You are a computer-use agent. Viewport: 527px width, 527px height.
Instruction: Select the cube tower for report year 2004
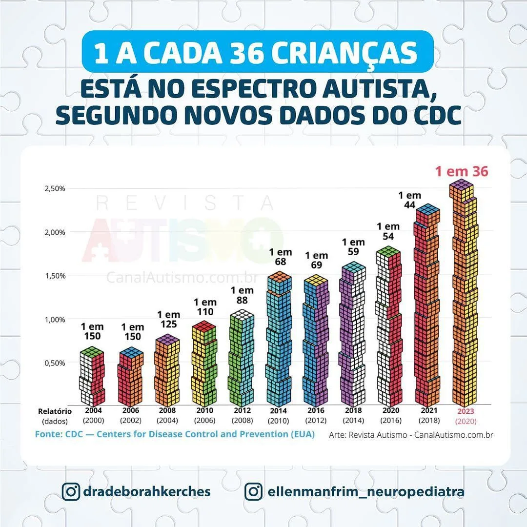(92, 377)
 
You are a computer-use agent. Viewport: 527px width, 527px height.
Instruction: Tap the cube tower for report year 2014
(279, 339)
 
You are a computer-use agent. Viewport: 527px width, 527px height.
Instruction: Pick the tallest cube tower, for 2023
(463, 293)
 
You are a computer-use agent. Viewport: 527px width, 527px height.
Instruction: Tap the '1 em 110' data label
(205, 307)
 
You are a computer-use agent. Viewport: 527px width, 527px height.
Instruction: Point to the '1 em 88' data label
(242, 296)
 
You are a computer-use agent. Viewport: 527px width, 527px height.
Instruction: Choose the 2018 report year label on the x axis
(353, 411)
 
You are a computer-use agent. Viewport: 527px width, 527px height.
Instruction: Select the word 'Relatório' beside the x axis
(55, 411)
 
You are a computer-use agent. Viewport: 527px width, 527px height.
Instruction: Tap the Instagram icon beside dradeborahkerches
(71, 491)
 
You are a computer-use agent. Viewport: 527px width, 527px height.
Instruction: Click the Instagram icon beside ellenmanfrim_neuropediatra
(253, 491)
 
